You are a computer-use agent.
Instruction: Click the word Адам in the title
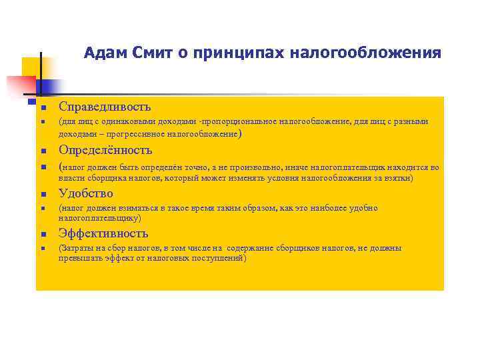101,52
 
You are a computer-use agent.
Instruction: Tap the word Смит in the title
149,52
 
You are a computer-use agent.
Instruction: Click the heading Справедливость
105,107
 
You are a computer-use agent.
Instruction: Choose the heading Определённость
105,149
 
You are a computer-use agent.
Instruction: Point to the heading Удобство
85,193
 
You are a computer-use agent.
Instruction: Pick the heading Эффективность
103,233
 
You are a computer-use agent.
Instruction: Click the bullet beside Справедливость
41,107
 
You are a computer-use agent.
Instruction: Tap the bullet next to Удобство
41,194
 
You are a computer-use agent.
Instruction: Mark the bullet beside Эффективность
41,235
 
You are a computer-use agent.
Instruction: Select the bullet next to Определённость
41,151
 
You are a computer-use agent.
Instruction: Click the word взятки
398,179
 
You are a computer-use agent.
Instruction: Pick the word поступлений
221,258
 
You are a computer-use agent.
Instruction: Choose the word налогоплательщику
99,218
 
